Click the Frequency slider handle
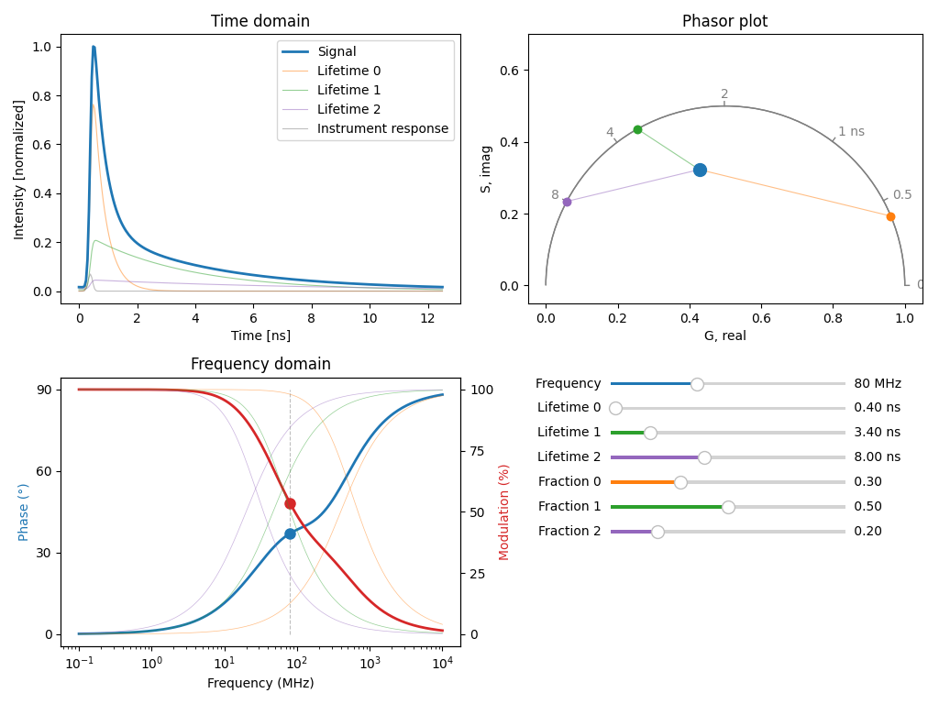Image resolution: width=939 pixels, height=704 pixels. (697, 384)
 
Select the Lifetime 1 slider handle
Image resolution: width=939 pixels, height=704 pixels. (650, 433)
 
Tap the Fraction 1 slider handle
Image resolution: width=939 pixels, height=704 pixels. (728, 507)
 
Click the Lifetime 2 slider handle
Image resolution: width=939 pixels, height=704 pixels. (704, 457)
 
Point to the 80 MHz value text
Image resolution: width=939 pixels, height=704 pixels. (877, 384)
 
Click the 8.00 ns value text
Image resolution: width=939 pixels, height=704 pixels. (877, 457)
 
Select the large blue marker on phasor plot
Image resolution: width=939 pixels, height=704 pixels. (700, 170)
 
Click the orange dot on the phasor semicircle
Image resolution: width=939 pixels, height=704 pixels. (890, 217)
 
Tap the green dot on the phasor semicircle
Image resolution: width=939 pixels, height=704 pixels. (637, 130)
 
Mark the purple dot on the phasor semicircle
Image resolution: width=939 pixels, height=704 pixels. (567, 202)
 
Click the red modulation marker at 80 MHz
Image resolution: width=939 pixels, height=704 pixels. (290, 503)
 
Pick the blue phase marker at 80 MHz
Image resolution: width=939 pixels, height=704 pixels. (290, 533)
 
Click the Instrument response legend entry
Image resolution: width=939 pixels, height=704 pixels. (382, 129)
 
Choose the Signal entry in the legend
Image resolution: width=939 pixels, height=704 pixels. (337, 51)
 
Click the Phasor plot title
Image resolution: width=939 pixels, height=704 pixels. (724, 21)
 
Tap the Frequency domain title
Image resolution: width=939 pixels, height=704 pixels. (260, 364)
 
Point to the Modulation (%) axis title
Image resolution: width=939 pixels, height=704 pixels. (504, 511)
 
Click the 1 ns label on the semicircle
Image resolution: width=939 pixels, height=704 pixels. (851, 132)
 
